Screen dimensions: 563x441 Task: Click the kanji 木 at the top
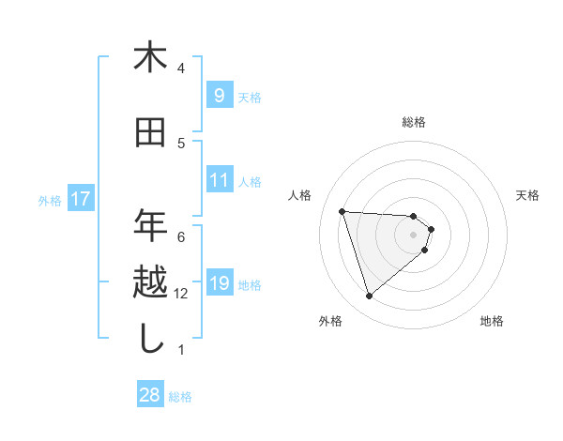pyautogui.click(x=150, y=58)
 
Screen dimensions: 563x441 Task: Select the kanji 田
pyautogui.click(x=150, y=133)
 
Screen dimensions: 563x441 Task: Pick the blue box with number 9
pyautogui.click(x=219, y=95)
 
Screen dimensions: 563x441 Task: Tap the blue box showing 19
pyautogui.click(x=219, y=282)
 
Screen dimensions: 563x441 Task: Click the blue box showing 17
pyautogui.click(x=80, y=198)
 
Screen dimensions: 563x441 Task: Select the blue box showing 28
pyautogui.click(x=150, y=395)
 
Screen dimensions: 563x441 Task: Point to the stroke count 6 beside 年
pyautogui.click(x=181, y=236)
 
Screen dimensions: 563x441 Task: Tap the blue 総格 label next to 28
pyautogui.click(x=180, y=397)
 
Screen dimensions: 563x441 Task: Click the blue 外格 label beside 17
pyautogui.click(x=50, y=200)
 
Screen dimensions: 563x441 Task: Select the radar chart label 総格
pyautogui.click(x=414, y=122)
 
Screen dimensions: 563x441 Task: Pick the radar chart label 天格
pyautogui.click(x=528, y=195)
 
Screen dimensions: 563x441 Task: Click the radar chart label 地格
pyautogui.click(x=492, y=322)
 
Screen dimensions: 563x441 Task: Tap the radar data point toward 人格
pyautogui.click(x=342, y=211)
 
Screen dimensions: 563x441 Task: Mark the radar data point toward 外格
pyautogui.click(x=369, y=297)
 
